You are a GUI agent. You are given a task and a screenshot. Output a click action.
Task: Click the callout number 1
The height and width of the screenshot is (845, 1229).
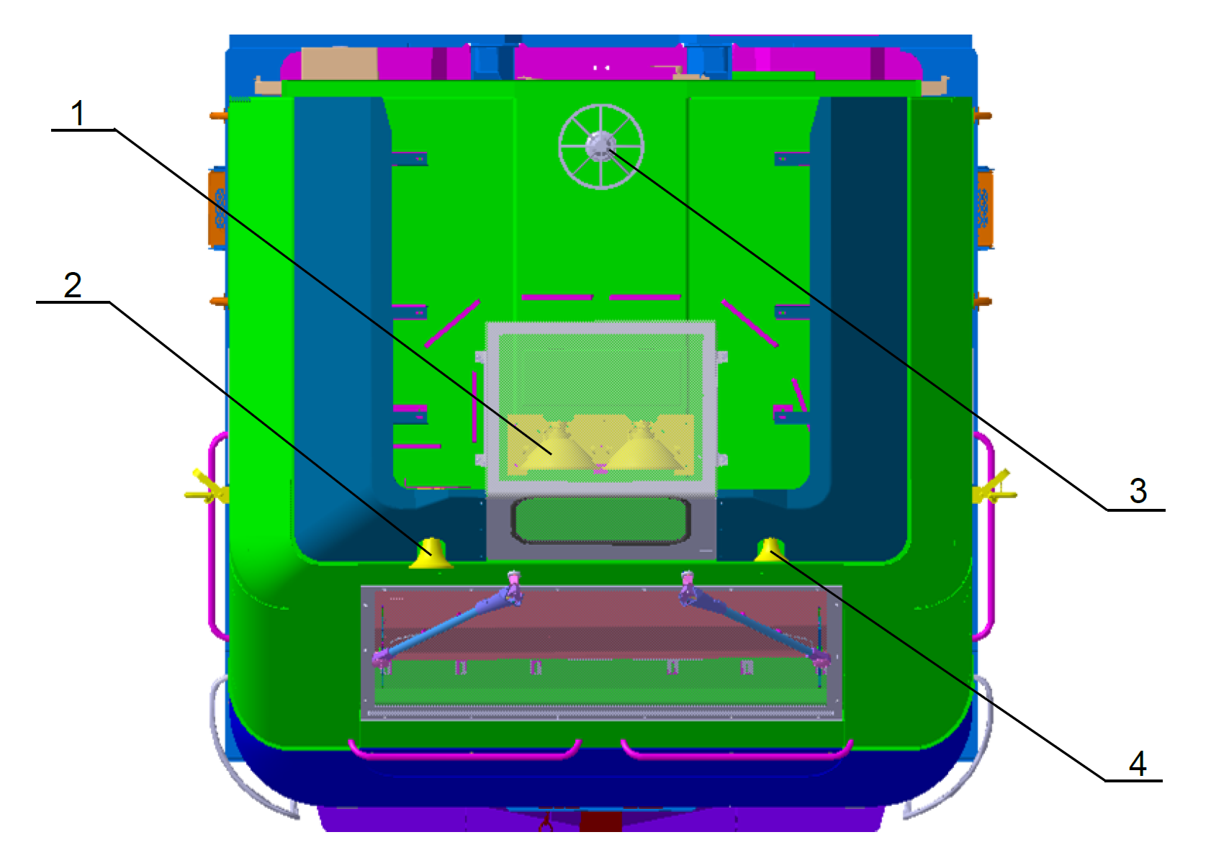[77, 113]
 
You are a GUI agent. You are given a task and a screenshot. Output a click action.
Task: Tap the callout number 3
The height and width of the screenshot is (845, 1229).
[1138, 491]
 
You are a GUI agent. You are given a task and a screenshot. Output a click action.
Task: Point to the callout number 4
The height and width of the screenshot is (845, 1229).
[1138, 763]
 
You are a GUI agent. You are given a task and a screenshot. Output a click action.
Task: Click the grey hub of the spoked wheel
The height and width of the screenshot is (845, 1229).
[600, 146]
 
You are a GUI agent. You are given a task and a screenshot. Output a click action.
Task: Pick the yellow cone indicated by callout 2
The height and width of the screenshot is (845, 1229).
[431, 553]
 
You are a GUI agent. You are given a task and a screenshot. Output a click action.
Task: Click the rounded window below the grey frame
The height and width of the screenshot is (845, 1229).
[600, 520]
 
